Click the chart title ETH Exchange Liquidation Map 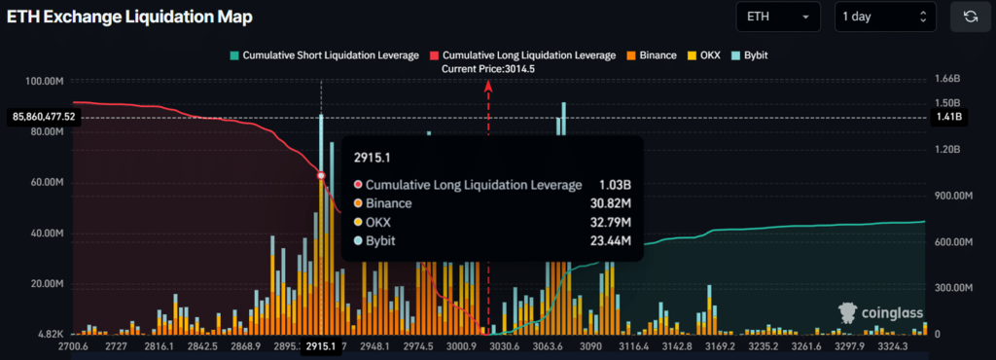[x=131, y=17]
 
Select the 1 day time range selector [x=885, y=17]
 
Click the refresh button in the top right [x=970, y=17]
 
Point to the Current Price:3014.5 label [x=488, y=69]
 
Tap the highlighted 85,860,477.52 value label [x=45, y=117]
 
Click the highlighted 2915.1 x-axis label [x=321, y=346]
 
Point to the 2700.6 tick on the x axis [x=74, y=346]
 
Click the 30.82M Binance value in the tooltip [x=607, y=203]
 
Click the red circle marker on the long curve [x=321, y=175]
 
